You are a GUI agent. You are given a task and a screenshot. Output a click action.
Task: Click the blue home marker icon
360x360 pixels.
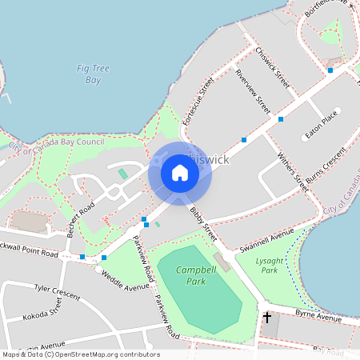180,173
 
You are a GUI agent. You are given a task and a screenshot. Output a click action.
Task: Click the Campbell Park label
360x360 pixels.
194,276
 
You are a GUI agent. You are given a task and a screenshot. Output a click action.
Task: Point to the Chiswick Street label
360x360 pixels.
272,67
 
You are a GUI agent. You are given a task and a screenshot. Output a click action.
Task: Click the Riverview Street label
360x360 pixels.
253,88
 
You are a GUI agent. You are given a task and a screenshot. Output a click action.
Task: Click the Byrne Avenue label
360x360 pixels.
318,316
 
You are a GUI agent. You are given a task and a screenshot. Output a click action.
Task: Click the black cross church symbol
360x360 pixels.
267,318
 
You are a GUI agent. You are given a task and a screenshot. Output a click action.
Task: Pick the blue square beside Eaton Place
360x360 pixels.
281,119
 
